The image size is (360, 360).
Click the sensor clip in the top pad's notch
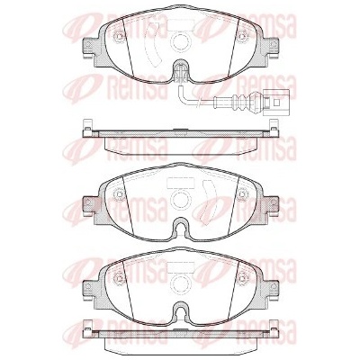pos(180,72)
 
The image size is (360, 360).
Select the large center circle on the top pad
pos(180,40)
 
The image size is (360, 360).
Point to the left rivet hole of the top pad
pos(119,37)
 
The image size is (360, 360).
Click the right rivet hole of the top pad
pos(242,37)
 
